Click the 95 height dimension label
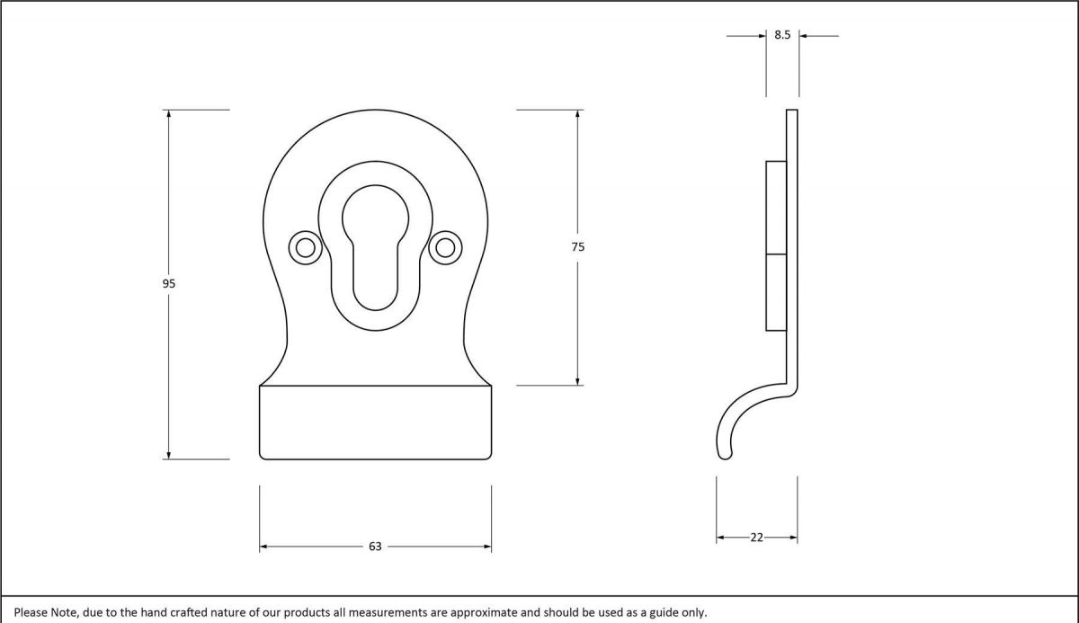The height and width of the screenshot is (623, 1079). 168,283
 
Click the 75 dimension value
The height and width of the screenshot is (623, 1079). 577,246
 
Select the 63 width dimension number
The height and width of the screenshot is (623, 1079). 375,547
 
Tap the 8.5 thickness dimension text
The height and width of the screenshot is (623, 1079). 782,36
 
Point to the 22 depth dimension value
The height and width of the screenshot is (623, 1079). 756,538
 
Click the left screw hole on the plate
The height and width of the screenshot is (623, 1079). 305,248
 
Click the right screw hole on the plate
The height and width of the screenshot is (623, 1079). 445,248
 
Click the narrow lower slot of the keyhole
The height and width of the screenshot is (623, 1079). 375,279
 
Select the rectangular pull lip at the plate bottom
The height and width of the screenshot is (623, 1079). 375,423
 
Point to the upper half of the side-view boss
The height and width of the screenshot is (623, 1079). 776,208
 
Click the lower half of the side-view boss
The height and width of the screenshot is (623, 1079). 776,292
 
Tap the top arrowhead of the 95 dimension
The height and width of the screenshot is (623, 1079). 168,114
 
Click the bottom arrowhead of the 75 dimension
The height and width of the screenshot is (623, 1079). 577,380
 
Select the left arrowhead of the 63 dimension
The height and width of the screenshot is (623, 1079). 264,547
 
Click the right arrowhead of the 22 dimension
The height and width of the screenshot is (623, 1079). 793,538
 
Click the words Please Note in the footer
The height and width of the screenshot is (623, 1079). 45,612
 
